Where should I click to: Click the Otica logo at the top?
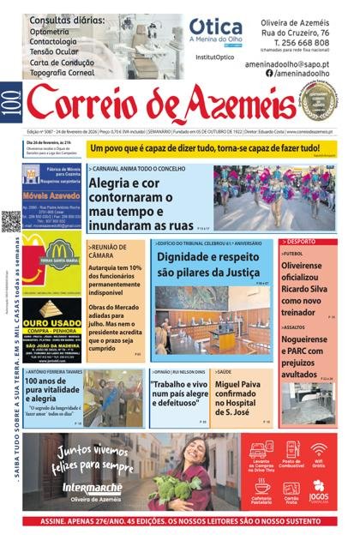(x=215, y=27)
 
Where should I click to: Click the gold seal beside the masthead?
(x=318, y=101)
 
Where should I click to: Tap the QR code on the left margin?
(x=11, y=221)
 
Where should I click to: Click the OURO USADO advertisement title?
(x=52, y=327)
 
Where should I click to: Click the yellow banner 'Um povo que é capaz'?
(x=213, y=147)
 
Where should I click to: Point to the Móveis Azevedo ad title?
(x=52, y=195)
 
